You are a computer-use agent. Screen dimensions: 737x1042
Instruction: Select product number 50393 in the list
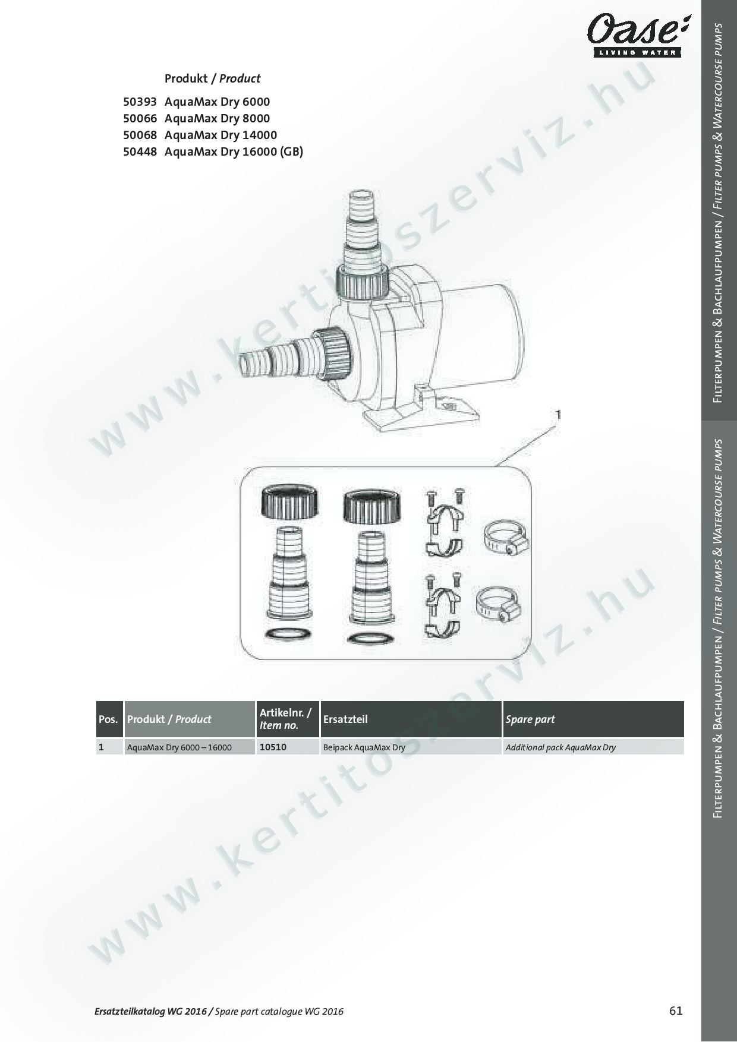140,102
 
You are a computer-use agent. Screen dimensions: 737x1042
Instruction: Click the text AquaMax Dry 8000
217,118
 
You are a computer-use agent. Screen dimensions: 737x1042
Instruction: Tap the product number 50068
140,135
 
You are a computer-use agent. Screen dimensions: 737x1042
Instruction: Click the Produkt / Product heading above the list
212,78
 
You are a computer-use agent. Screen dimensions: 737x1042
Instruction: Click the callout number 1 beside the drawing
558,414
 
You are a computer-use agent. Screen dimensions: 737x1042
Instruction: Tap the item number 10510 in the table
273,747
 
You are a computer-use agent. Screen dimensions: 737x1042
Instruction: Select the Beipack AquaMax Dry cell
364,747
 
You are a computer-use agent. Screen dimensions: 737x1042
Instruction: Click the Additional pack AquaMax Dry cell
560,747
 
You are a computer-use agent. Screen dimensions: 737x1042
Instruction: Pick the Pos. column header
108,719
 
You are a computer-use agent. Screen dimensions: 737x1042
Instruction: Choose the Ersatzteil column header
345,719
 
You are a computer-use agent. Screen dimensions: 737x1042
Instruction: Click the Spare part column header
530,719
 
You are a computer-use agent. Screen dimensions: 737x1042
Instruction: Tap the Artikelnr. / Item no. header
285,719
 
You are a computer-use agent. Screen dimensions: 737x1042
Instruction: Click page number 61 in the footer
676,1011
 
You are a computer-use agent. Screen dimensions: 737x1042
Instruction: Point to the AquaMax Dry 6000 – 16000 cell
179,747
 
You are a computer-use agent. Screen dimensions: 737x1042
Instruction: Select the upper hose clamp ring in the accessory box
505,537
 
